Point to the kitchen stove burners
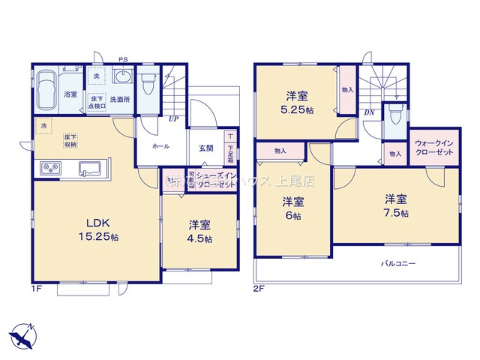coord(49,167)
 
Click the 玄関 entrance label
coord(205,148)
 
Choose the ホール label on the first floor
coord(160,148)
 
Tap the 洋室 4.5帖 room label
coord(199,232)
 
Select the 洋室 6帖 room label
coord(292,208)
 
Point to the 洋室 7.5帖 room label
coord(396,205)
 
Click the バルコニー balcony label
coord(397,264)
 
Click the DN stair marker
coord(369,113)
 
